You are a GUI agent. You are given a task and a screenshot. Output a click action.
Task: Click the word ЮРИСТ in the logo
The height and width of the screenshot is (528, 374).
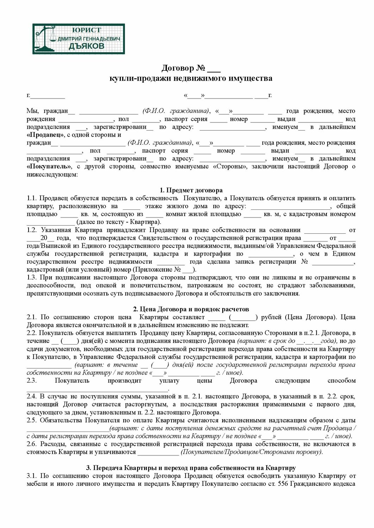tap(86, 30)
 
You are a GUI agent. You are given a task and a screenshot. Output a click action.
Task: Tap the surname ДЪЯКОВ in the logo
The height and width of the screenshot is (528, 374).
tap(86, 46)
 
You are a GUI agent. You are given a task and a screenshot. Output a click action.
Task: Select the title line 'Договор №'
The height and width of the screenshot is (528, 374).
tap(191, 68)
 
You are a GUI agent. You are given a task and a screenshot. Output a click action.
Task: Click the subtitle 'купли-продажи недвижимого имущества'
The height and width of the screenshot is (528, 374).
tap(191, 78)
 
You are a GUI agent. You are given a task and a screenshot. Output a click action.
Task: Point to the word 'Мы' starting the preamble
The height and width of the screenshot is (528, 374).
tap(33, 111)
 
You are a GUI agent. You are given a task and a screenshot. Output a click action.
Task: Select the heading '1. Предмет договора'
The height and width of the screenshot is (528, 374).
tap(191, 190)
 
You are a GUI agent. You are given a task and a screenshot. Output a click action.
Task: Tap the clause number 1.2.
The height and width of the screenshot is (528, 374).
tap(32, 230)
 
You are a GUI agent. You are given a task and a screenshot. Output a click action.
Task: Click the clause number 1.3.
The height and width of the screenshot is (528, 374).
tap(32, 278)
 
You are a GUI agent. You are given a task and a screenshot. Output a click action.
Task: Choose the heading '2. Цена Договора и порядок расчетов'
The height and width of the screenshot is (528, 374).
tap(191, 309)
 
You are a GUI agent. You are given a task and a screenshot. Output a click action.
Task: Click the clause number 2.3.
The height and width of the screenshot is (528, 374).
tap(32, 381)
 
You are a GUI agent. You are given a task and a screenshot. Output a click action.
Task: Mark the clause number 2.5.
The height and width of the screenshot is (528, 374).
tap(32, 420)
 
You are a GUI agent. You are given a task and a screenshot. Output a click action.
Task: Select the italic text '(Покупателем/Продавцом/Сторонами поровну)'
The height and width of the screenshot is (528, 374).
tap(252, 452)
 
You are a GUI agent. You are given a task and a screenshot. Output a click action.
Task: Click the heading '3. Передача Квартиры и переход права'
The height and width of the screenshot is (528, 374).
tap(191, 468)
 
